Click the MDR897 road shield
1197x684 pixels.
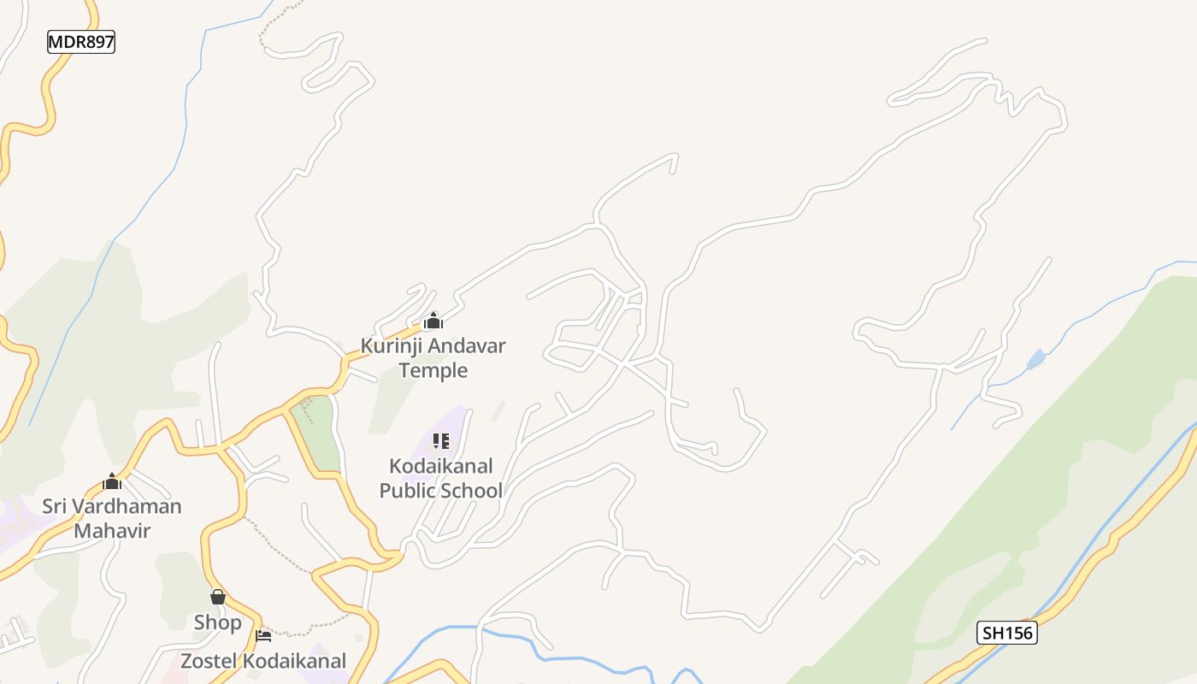[81, 42]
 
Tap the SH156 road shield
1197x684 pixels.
[1006, 633]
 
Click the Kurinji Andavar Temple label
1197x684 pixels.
[433, 358]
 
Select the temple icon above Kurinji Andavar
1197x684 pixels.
[433, 321]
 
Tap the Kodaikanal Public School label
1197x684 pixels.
[440, 478]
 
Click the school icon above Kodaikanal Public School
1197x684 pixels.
[440, 441]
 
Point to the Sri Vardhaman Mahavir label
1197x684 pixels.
[112, 518]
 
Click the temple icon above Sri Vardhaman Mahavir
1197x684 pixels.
[112, 481]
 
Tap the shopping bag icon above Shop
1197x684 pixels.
[218, 597]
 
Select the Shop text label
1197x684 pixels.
[218, 622]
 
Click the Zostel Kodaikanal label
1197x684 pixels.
[263, 661]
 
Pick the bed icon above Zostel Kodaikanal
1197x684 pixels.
[263, 635]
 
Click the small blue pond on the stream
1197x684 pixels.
[1035, 359]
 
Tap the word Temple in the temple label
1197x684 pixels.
[433, 370]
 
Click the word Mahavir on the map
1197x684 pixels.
[112, 530]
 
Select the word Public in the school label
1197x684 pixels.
[408, 491]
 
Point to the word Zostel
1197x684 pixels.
[209, 661]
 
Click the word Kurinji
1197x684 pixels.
[392, 346]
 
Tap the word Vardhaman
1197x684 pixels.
[128, 506]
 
